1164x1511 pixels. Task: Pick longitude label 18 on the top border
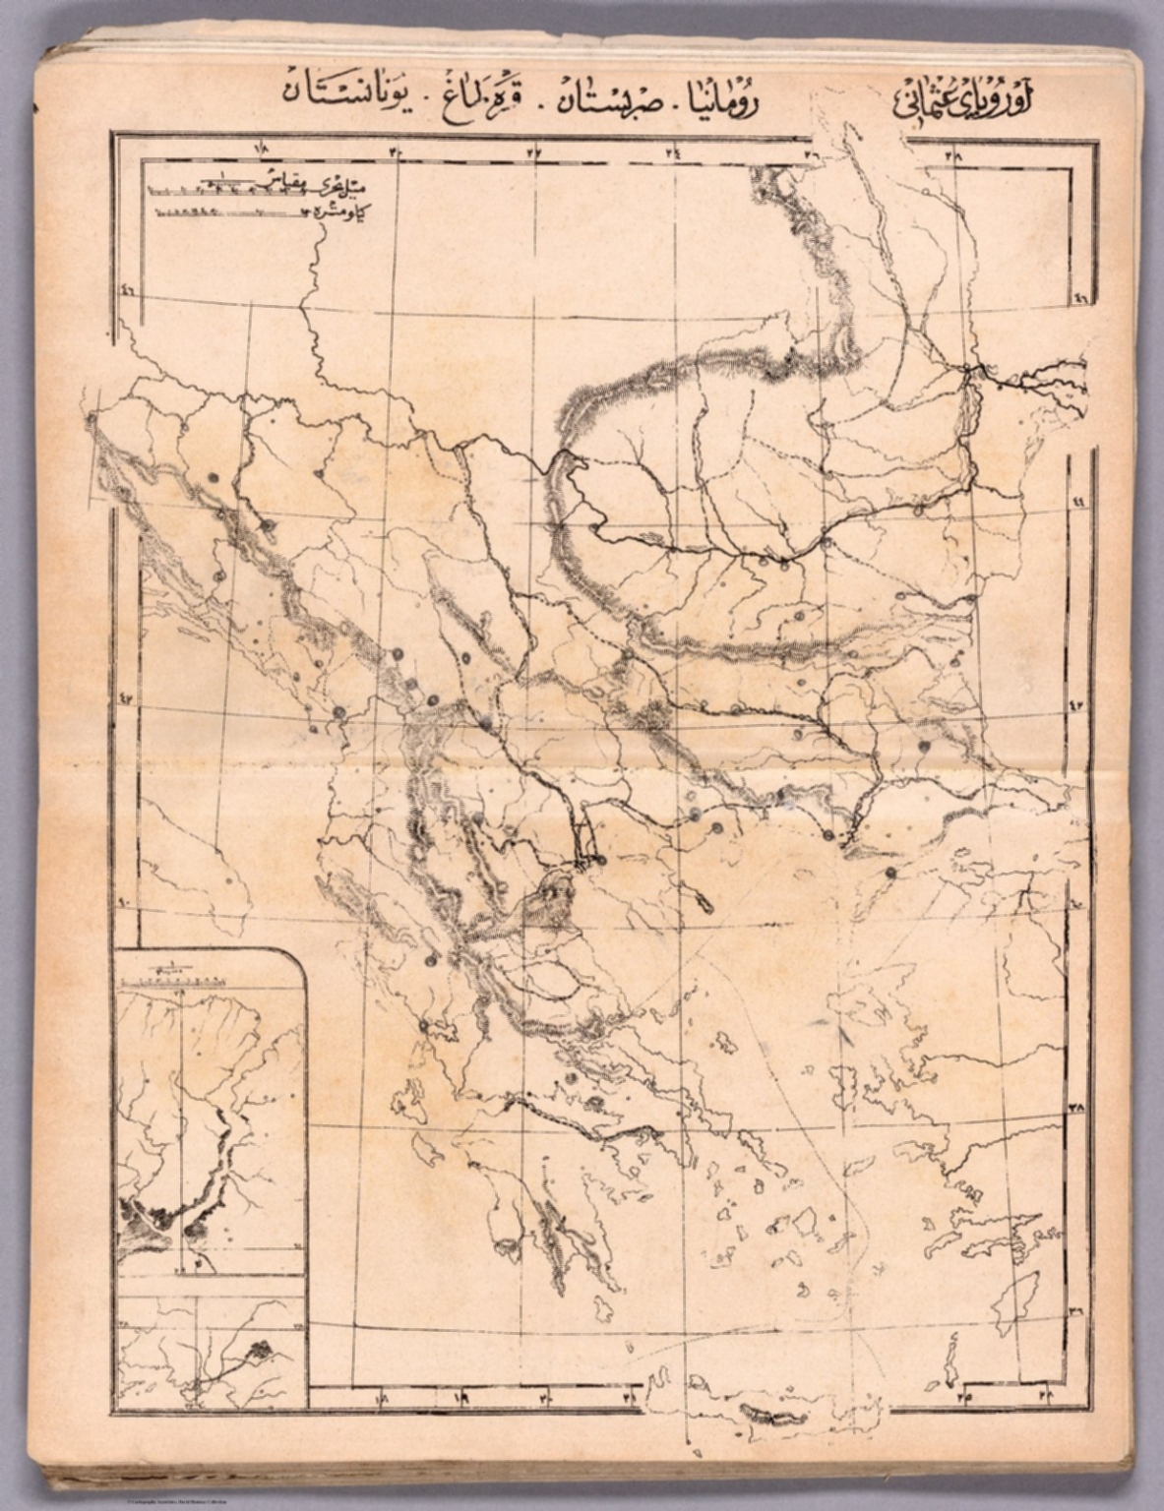263,150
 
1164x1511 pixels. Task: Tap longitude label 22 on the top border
539,152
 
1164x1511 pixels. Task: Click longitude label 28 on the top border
954,154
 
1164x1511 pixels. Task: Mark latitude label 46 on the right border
1080,298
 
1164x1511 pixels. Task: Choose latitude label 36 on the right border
1075,1310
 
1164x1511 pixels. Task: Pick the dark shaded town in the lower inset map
261,1354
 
